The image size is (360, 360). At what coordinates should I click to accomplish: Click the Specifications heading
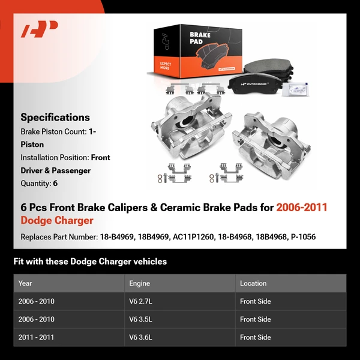click(x=55, y=118)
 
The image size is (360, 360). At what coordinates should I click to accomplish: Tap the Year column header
click(x=25, y=283)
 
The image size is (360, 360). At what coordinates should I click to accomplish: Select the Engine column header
click(x=139, y=283)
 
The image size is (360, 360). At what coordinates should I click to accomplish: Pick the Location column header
click(x=253, y=283)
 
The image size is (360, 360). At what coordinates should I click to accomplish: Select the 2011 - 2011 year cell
click(x=36, y=337)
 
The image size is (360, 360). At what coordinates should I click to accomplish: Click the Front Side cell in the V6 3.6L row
click(x=255, y=337)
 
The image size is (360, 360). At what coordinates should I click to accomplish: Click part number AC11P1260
click(x=193, y=237)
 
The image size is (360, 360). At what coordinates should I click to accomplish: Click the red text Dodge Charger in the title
click(x=57, y=220)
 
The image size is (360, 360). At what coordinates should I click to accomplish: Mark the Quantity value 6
click(x=55, y=184)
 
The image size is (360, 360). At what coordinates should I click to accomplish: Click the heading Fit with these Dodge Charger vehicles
click(x=90, y=262)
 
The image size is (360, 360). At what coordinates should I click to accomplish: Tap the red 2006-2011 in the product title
click(x=302, y=208)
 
